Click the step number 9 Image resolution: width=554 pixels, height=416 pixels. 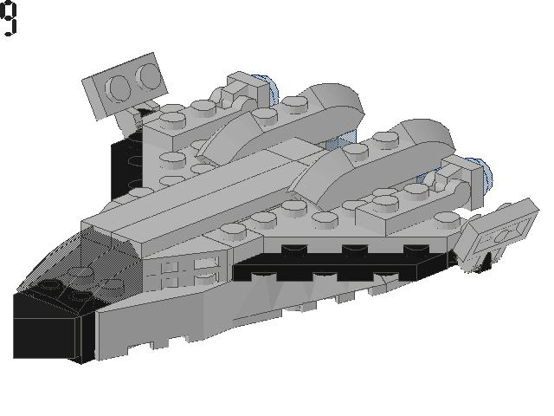click(9, 18)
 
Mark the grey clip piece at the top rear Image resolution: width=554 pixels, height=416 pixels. click(245, 90)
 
